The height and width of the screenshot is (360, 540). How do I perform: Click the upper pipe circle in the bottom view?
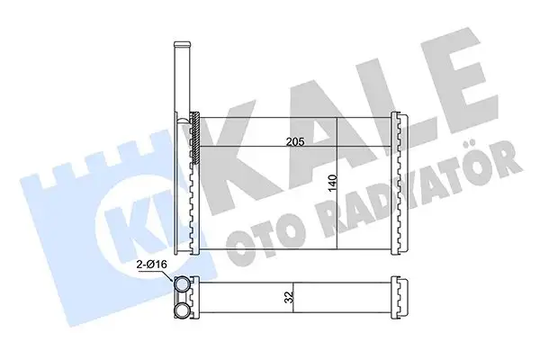pyautogui.click(x=182, y=285)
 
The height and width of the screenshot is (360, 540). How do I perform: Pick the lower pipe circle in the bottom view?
pyautogui.click(x=182, y=310)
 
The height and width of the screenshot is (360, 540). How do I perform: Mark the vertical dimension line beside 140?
pyautogui.click(x=336, y=184)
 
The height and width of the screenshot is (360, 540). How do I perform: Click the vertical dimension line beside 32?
pyautogui.click(x=295, y=298)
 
